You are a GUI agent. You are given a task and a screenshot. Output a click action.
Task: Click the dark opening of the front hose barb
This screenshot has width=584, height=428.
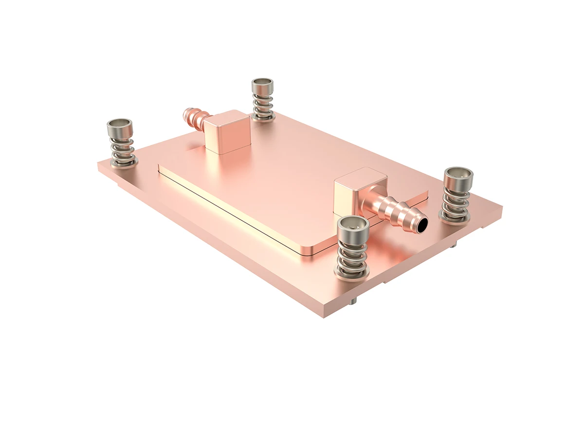coord(422,224)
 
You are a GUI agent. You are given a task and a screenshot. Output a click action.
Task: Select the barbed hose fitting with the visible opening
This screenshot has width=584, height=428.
coord(397,213)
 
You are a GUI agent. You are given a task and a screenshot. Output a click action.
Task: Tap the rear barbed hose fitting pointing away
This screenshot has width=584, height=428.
coord(194,117)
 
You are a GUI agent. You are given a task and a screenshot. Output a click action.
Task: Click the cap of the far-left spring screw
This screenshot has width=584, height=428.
coord(120,128)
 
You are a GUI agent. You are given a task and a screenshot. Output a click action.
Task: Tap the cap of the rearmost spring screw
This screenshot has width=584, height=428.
coord(262,86)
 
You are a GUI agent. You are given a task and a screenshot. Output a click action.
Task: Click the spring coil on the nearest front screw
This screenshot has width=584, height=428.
coord(352,255)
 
